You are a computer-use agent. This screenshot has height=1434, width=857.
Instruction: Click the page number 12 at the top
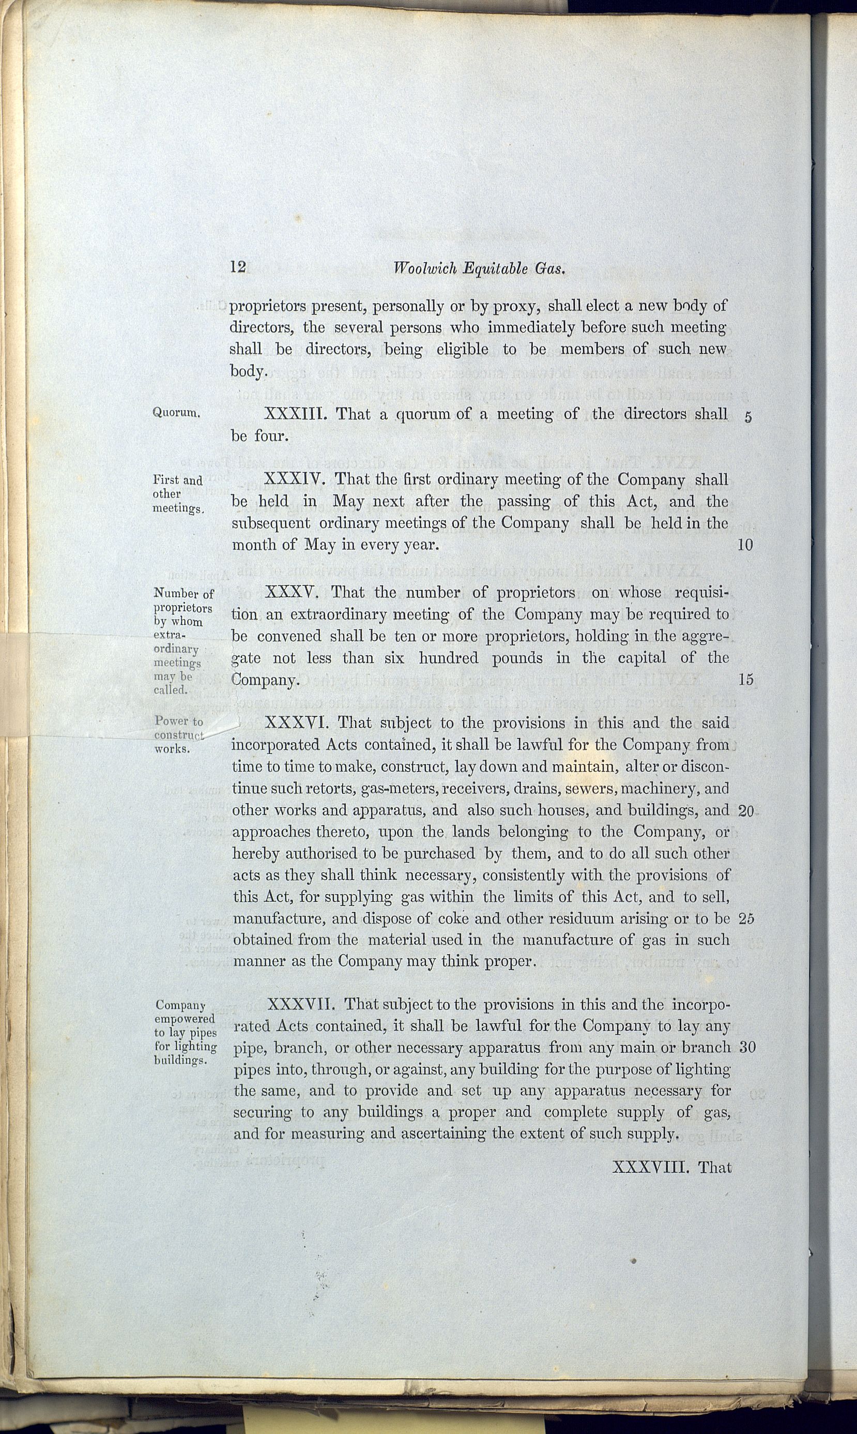[x=238, y=267]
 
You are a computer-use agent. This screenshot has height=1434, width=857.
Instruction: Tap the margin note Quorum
[x=177, y=413]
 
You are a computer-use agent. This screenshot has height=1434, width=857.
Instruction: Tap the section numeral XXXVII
[x=301, y=1004]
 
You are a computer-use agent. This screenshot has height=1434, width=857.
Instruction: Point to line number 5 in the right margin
[x=748, y=418]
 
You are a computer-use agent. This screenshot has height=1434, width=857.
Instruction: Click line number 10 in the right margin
[x=745, y=545]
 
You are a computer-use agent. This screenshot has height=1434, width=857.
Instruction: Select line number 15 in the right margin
[x=746, y=680]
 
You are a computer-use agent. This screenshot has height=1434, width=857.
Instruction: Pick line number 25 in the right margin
[x=746, y=918]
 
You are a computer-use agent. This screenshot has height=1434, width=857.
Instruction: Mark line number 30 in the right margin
[x=747, y=1048]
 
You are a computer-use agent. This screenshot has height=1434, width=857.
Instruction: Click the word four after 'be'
[x=271, y=435]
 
